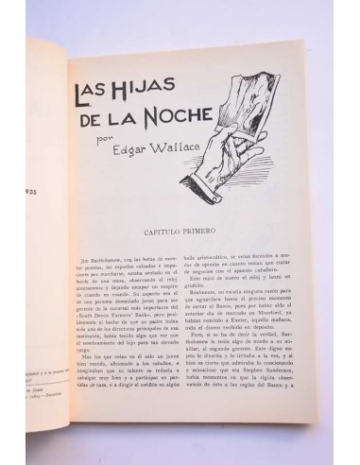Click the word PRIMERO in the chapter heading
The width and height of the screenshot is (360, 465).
tap(224, 232)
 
